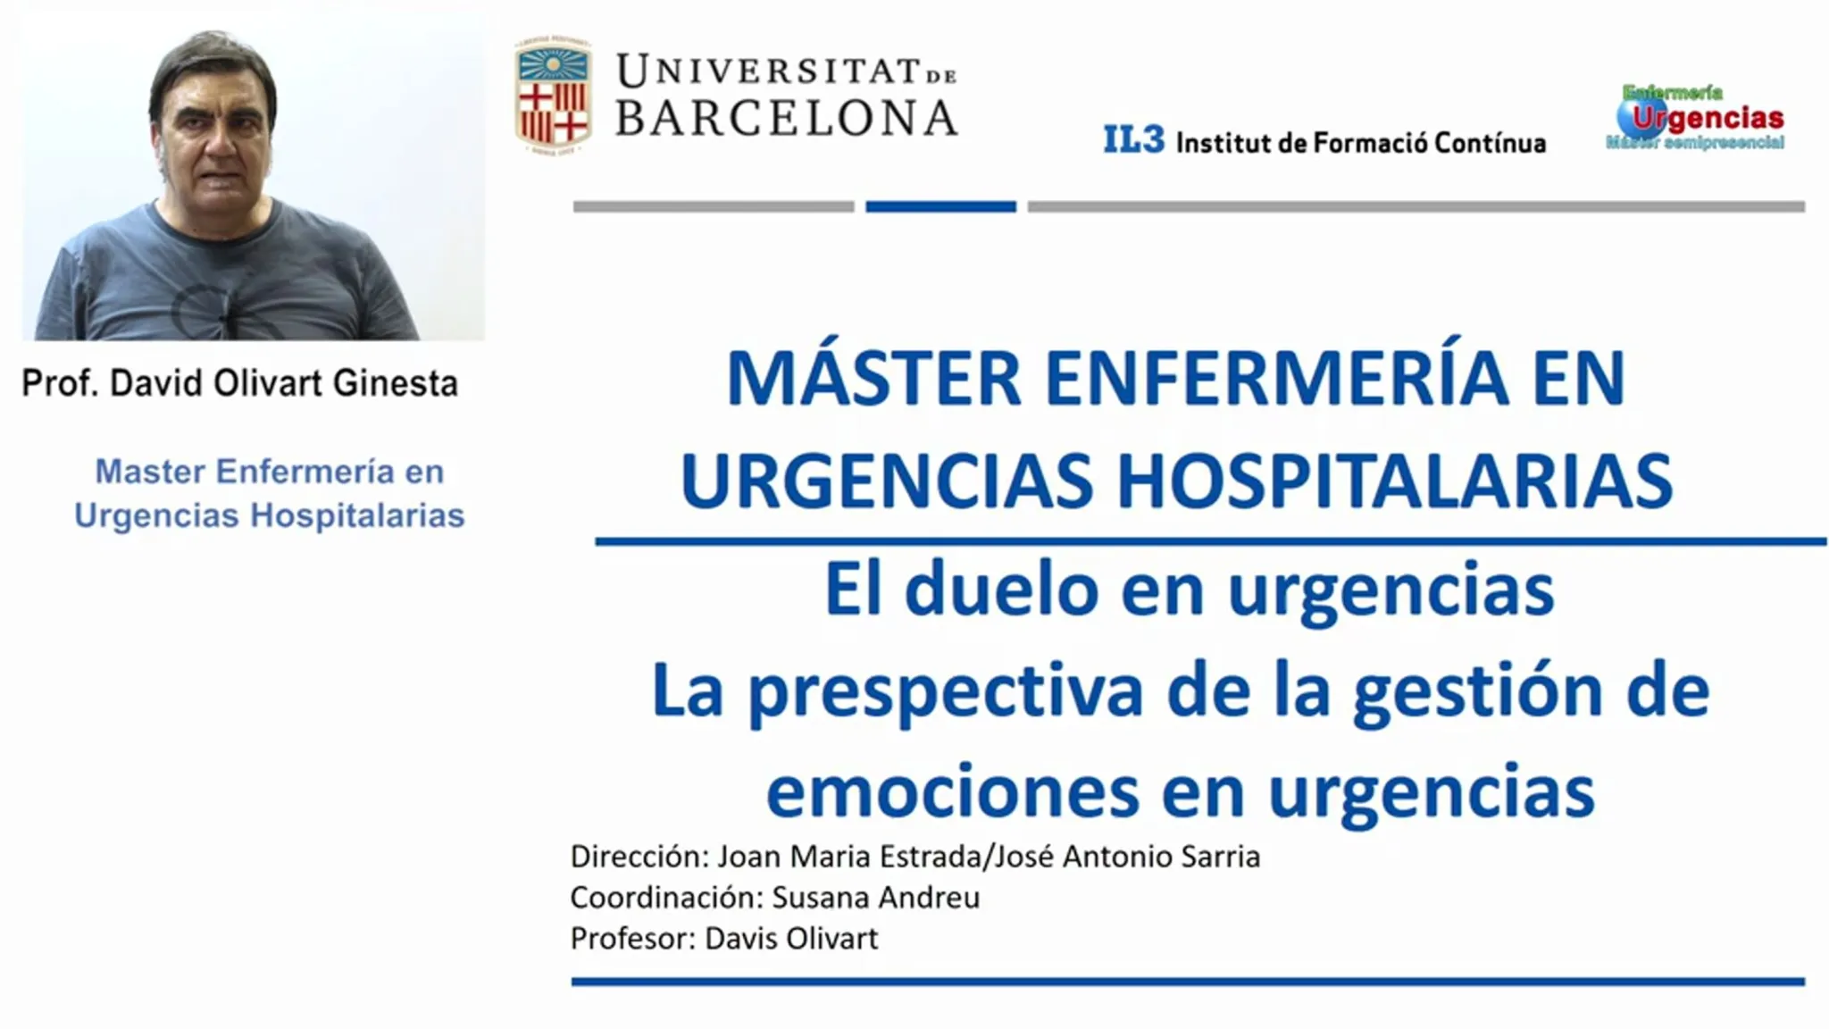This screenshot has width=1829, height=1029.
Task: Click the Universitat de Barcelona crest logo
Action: coord(553,96)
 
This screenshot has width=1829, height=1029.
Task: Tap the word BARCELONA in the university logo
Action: coord(787,118)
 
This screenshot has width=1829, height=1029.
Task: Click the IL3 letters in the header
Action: coord(1134,139)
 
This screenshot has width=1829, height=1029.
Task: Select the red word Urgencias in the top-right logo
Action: coord(1708,118)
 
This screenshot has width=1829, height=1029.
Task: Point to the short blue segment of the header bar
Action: coord(940,206)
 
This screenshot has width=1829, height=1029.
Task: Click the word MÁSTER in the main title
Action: coord(873,378)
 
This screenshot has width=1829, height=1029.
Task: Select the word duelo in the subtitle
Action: coord(1001,590)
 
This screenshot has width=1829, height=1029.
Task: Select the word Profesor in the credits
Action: coord(633,938)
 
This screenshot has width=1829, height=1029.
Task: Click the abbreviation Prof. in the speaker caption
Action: coord(60,383)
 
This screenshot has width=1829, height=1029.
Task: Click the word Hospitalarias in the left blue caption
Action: coord(357,515)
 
